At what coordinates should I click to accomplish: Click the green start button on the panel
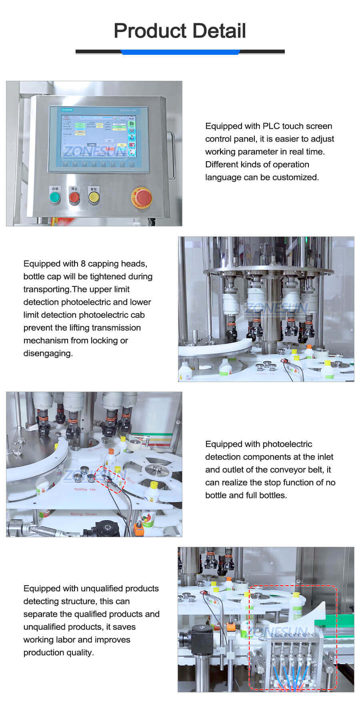[54, 197]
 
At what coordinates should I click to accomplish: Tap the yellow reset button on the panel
[94, 197]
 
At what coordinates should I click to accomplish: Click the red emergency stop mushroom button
[142, 198]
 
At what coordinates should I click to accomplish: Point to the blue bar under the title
[180, 52]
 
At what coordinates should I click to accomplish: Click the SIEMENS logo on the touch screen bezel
[67, 110]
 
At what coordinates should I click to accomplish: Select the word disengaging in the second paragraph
[48, 354]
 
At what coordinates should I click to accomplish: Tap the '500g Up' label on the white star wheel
[85, 489]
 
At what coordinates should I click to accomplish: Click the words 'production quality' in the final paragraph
[58, 653]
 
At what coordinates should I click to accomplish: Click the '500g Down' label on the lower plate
[84, 514]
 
